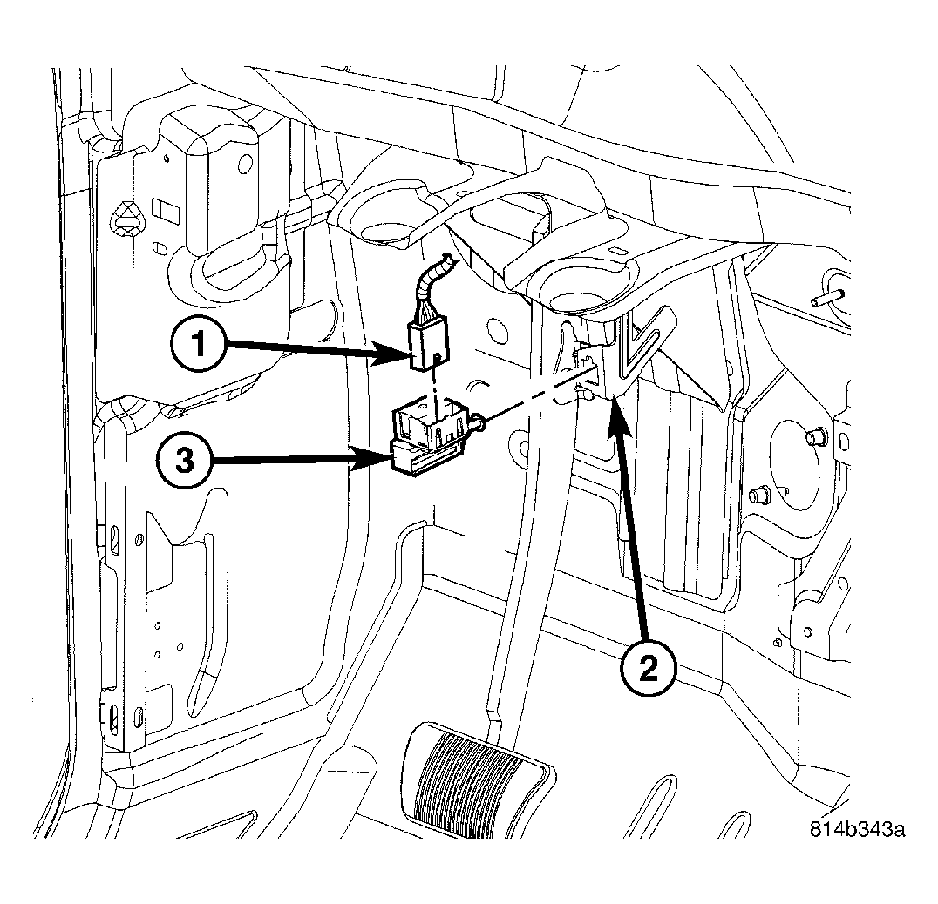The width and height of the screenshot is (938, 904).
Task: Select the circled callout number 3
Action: tap(186, 461)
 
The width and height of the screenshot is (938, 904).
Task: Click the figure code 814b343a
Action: tap(857, 829)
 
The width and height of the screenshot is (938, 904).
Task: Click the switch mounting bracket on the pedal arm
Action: tap(589, 370)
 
